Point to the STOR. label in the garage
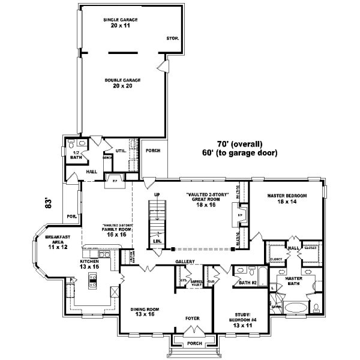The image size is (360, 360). pyautogui.click(x=172, y=39)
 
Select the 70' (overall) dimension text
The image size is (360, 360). pyautogui.click(x=240, y=144)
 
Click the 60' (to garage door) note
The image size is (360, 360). pyautogui.click(x=239, y=153)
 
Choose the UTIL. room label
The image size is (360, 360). pyautogui.click(x=121, y=151)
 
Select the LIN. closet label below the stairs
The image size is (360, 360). pyautogui.click(x=158, y=241)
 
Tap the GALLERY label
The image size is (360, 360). pyautogui.click(x=184, y=262)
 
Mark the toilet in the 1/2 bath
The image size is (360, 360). pyautogui.click(x=72, y=144)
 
